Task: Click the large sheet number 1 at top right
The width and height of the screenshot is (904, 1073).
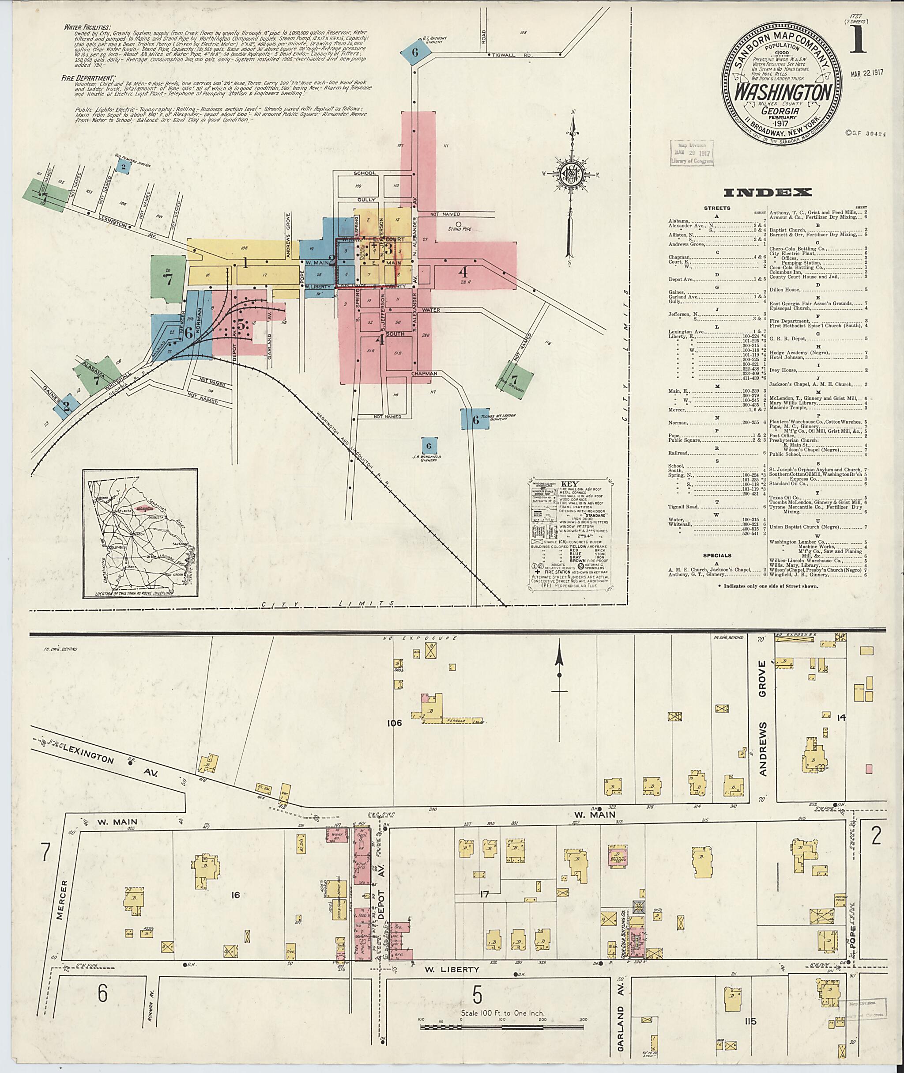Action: coord(857,39)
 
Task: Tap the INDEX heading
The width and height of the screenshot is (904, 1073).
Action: coord(767,193)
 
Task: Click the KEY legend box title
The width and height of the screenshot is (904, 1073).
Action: coord(570,483)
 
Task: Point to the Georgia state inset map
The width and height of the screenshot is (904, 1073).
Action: coord(140,535)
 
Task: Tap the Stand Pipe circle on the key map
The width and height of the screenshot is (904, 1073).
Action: coord(459,224)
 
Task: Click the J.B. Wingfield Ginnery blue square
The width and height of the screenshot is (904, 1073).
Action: coord(429,445)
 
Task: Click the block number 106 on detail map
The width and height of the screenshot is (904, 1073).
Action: coord(395,724)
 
